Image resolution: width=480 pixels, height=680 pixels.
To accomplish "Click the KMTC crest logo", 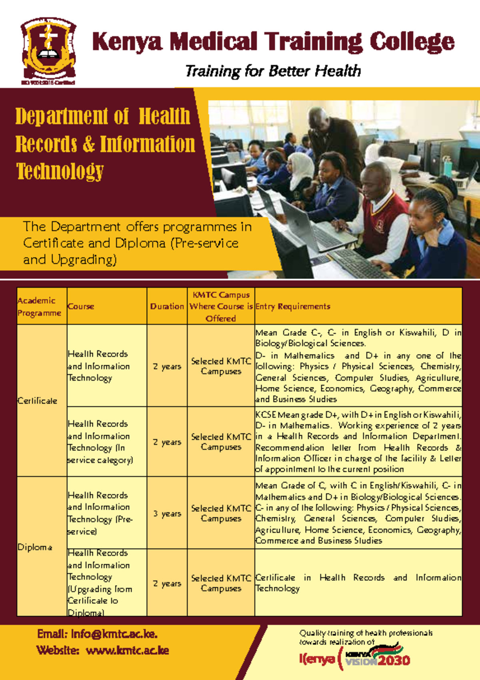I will coord(48,50).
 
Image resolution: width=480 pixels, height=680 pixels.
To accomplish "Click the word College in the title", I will coord(412,42).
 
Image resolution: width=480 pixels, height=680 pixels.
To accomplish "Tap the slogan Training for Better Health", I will coord(273,71).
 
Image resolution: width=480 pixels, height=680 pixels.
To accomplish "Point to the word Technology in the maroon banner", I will coord(60,171).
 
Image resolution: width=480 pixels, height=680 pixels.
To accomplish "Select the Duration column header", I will coord(167,306).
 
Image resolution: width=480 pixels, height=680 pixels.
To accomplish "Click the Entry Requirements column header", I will coord(293,306).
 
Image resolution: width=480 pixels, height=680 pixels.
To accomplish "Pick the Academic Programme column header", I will coord(39,306).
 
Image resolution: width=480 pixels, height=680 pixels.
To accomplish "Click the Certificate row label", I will coord(37,401).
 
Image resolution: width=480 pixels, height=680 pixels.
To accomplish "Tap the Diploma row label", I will coord(35,547).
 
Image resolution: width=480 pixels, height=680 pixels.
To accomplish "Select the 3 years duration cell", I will coord(167,514).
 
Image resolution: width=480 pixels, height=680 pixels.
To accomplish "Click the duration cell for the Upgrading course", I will coord(167,584).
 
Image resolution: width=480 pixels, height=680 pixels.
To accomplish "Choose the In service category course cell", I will coord(100,442).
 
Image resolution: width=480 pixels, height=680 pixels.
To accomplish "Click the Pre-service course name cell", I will coord(100,513).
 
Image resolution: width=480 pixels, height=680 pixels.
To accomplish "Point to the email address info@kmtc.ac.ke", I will coord(97,634).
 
